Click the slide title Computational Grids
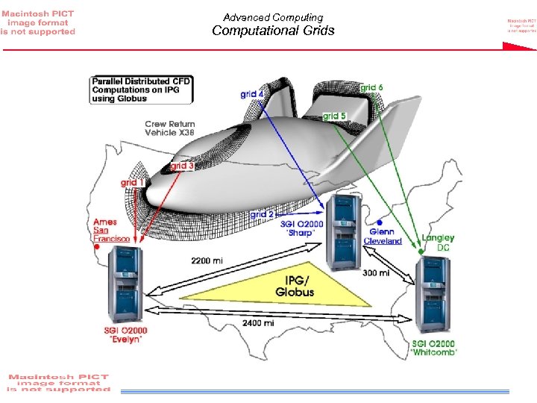coord(273,31)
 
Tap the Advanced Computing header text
coord(273,17)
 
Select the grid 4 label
coord(252,94)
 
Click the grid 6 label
coord(372,87)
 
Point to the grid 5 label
coord(334,116)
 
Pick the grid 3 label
coord(183,166)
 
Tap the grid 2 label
coord(262,214)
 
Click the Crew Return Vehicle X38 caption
coord(170,128)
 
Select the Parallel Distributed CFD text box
coord(142,89)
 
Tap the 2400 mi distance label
coord(257,323)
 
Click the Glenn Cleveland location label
coord(383,236)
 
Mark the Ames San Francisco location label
coord(111,230)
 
